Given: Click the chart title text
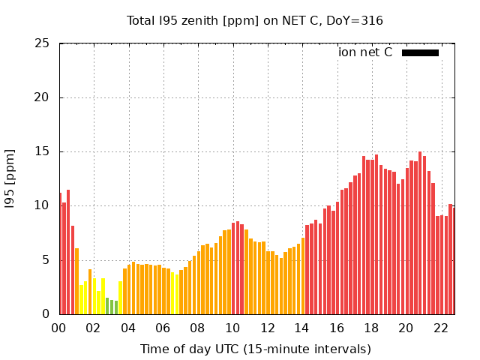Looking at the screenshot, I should click(x=255, y=21).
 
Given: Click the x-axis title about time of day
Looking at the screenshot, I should click(x=255, y=349).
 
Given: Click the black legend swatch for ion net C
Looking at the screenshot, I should click(x=420, y=52).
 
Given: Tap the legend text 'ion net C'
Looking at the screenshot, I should click(x=365, y=52).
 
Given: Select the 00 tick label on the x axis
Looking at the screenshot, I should click(x=58, y=328).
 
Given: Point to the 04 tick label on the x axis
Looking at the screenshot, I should click(x=128, y=328).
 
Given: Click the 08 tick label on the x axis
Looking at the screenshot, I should click(x=197, y=328).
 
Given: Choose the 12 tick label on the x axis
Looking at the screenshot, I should click(x=267, y=328).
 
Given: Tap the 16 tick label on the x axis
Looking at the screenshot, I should click(x=336, y=328).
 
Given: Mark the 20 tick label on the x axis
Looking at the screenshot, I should click(x=406, y=328).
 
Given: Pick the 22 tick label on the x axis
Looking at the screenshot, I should click(x=440, y=328).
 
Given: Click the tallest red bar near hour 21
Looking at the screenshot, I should click(x=420, y=232).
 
